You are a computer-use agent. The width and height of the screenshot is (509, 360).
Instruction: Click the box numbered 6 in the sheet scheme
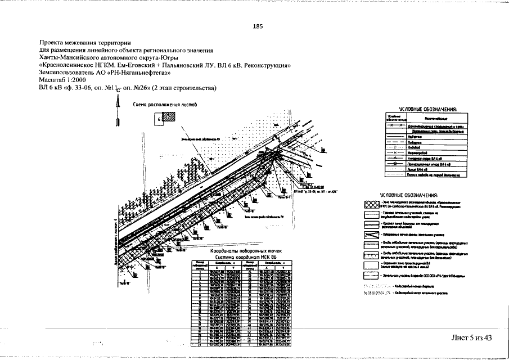[x=159, y=119]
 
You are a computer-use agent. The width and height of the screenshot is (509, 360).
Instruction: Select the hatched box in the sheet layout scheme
[x=168, y=119]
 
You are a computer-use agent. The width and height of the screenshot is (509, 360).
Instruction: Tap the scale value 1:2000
[x=80, y=80]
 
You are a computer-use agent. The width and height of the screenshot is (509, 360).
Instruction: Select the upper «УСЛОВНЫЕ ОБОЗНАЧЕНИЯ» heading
[x=427, y=109]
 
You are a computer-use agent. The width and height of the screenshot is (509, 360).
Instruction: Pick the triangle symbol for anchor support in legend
[x=395, y=158]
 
